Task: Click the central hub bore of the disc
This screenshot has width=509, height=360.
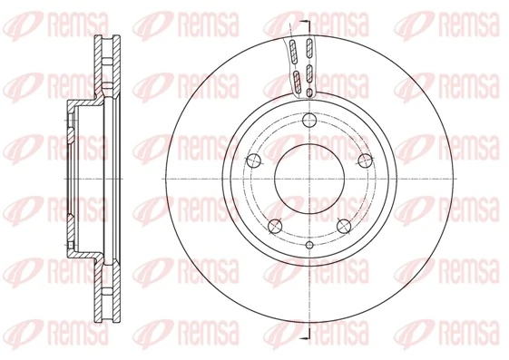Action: (308, 180)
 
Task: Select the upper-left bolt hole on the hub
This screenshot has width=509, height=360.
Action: (252, 161)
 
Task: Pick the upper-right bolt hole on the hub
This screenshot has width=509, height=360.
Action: (364, 161)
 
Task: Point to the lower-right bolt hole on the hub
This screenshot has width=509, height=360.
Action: (343, 226)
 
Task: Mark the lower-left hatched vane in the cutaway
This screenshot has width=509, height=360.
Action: (295, 80)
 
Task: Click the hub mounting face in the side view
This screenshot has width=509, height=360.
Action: (70, 180)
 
